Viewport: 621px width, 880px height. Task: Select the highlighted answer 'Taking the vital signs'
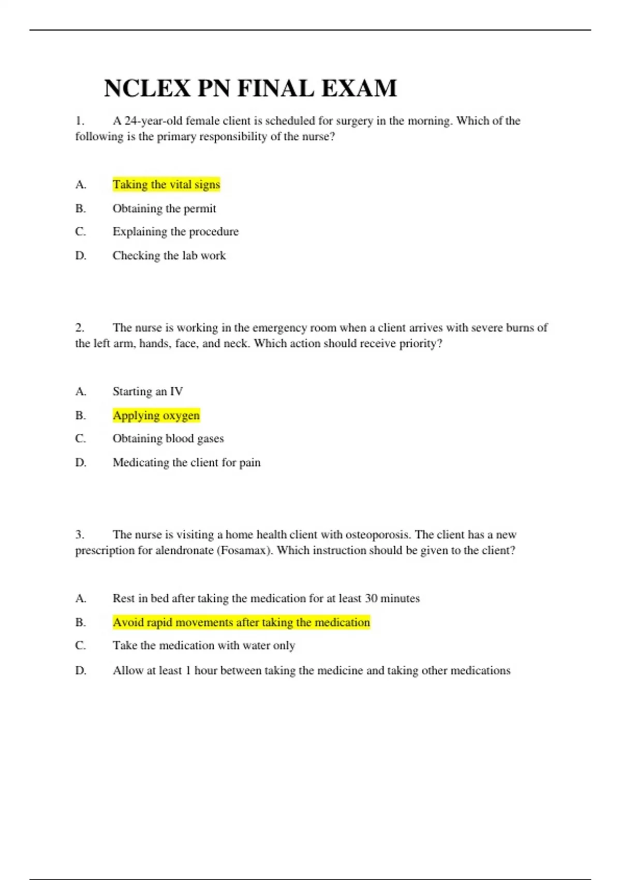(x=166, y=185)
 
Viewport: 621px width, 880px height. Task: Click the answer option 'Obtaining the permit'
(x=164, y=209)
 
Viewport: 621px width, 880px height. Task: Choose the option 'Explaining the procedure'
(x=175, y=231)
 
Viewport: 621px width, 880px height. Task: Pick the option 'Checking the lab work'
(x=169, y=256)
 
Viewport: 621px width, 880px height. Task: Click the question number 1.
(x=80, y=121)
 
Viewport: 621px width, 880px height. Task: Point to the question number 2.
(x=80, y=328)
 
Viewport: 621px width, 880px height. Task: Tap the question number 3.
(x=80, y=535)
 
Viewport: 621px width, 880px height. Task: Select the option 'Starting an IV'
(x=147, y=391)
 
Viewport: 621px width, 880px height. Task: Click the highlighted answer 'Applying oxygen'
(x=156, y=416)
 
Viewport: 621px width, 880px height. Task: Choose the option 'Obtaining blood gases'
(x=168, y=438)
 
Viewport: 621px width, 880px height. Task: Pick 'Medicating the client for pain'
(x=186, y=463)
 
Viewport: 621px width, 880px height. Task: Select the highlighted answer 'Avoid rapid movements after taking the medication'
(x=241, y=622)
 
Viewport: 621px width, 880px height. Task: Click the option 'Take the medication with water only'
(x=204, y=646)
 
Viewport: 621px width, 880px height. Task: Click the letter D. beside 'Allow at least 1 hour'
(x=81, y=671)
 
